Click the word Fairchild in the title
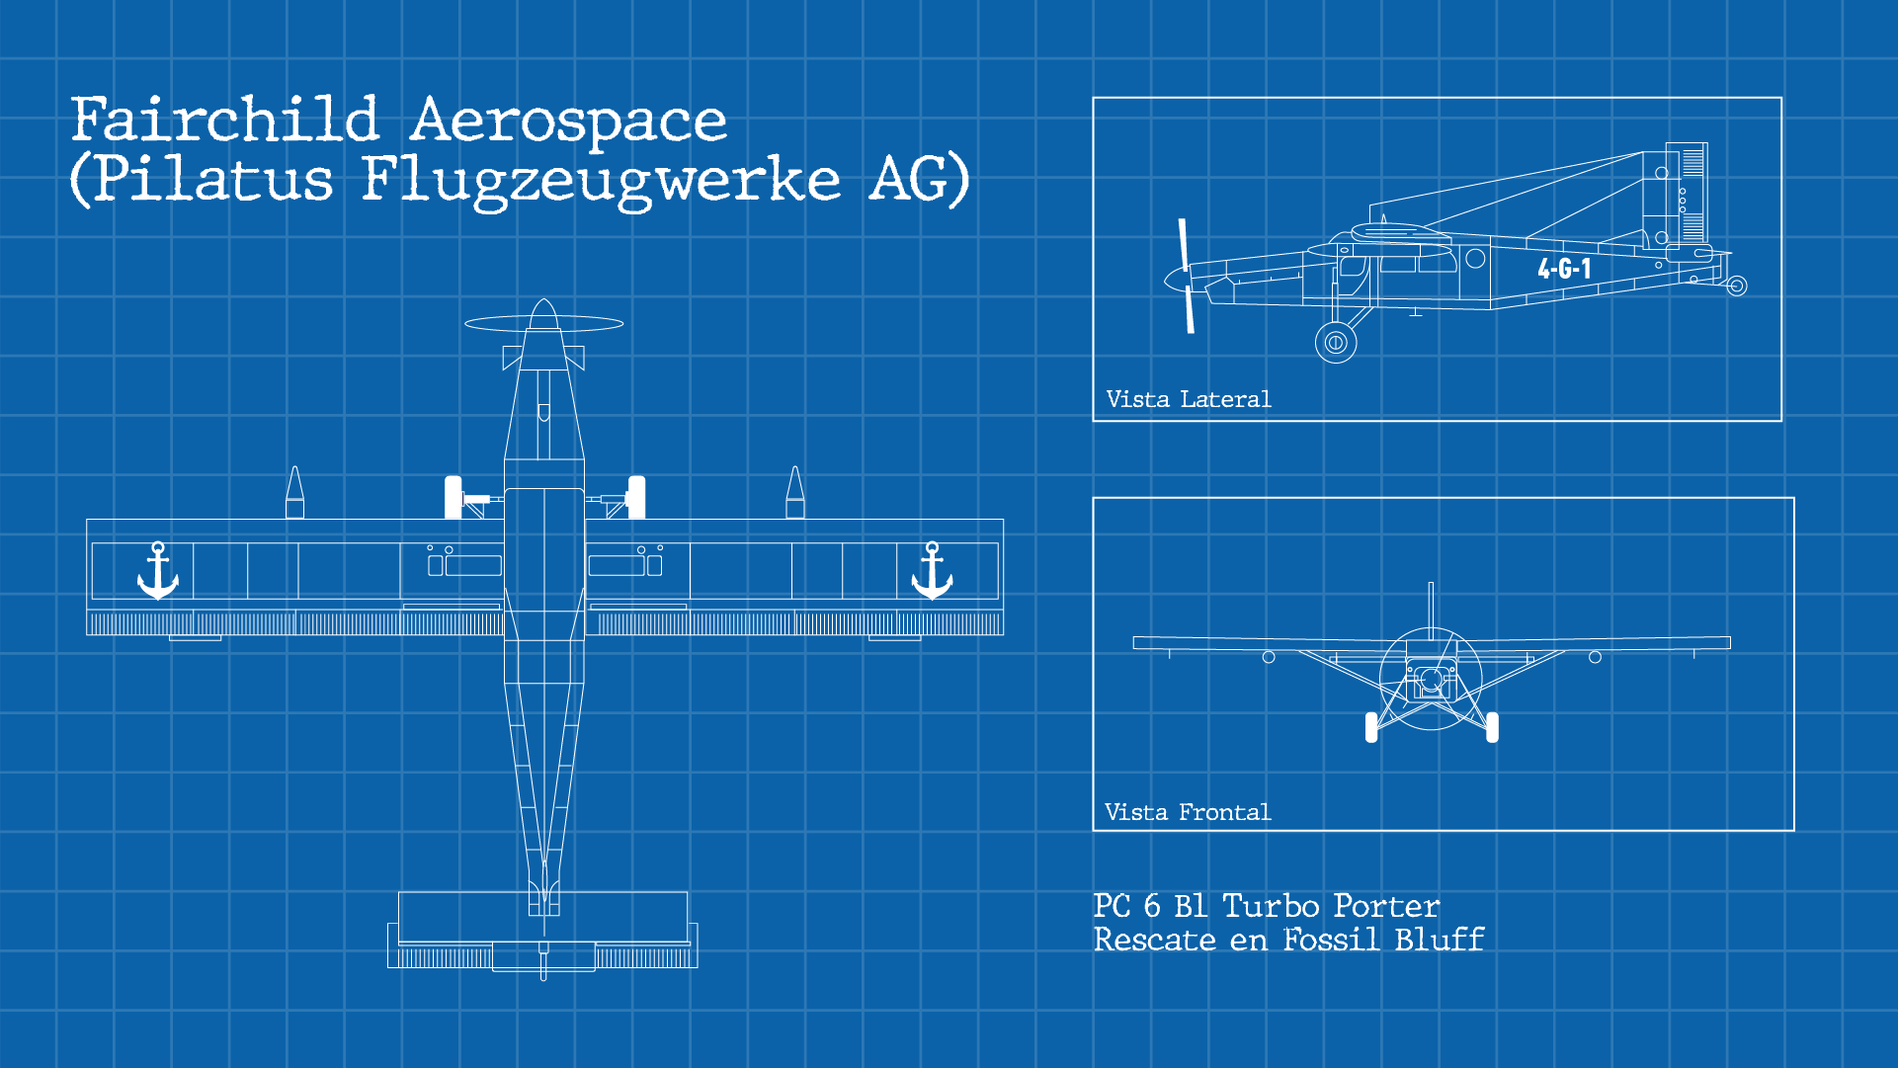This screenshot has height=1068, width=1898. coord(225,121)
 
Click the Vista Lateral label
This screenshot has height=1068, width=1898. coord(1188,399)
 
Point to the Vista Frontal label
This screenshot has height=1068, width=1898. coord(1187,812)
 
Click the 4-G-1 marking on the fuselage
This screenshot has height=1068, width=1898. coord(1564,269)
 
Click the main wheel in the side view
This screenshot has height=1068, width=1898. coord(1336,343)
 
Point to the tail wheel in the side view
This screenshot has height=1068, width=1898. coord(1737,287)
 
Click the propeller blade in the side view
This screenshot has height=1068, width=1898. coord(1186,276)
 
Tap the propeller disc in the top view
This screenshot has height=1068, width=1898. coord(543,323)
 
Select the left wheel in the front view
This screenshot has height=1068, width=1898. coord(1371,727)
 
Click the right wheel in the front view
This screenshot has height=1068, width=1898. coord(1492,727)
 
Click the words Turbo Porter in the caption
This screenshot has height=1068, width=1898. coord(1330,906)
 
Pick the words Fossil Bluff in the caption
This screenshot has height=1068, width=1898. coord(1383,940)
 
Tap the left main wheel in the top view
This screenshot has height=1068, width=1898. coord(454,497)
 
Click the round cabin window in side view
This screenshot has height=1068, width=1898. coord(1475,259)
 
